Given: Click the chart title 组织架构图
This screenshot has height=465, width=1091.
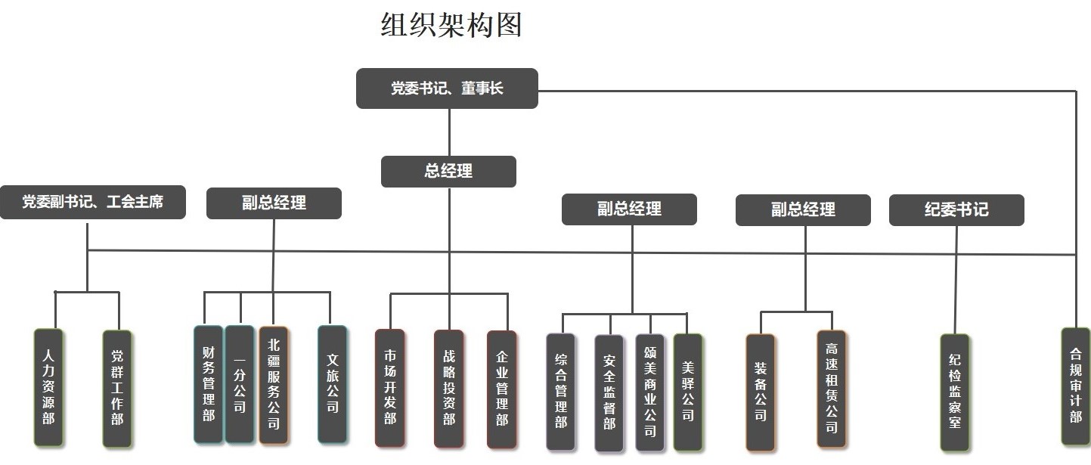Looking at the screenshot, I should pos(451,26).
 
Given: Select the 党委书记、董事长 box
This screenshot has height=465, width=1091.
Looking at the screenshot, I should pos(447,88).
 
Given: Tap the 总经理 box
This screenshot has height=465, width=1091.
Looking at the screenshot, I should pos(448,172).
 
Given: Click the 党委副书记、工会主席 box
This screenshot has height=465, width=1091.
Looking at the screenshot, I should pos(92,203).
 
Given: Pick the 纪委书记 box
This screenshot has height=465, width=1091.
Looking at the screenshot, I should pos(956,209).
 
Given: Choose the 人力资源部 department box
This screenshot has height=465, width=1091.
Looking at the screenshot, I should pos(48,386).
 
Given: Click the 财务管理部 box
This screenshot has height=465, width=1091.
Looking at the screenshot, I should pos(209,383).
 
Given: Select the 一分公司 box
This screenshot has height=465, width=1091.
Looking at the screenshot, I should pos(240,383).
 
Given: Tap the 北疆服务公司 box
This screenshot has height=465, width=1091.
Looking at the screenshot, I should pos(273,383).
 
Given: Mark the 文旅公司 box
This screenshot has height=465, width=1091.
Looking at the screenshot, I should pos(332,383).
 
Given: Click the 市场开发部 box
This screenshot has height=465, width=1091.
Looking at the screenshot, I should pos(389,387).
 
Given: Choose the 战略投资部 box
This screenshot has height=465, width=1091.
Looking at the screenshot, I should pos(449,388).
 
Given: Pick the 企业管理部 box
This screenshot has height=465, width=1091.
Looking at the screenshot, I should pos(502,388).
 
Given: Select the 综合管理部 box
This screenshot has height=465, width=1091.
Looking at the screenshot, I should pos(561,391).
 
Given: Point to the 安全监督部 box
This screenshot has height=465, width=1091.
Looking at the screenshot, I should pos(609,392).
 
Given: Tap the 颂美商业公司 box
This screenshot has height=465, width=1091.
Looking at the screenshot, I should pos(650,392).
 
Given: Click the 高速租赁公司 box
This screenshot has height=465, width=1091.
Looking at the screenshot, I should pos(832,389).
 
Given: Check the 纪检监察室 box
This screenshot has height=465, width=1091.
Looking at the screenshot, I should pos(955,392).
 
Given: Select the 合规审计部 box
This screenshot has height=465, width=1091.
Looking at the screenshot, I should pos(1076,386).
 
